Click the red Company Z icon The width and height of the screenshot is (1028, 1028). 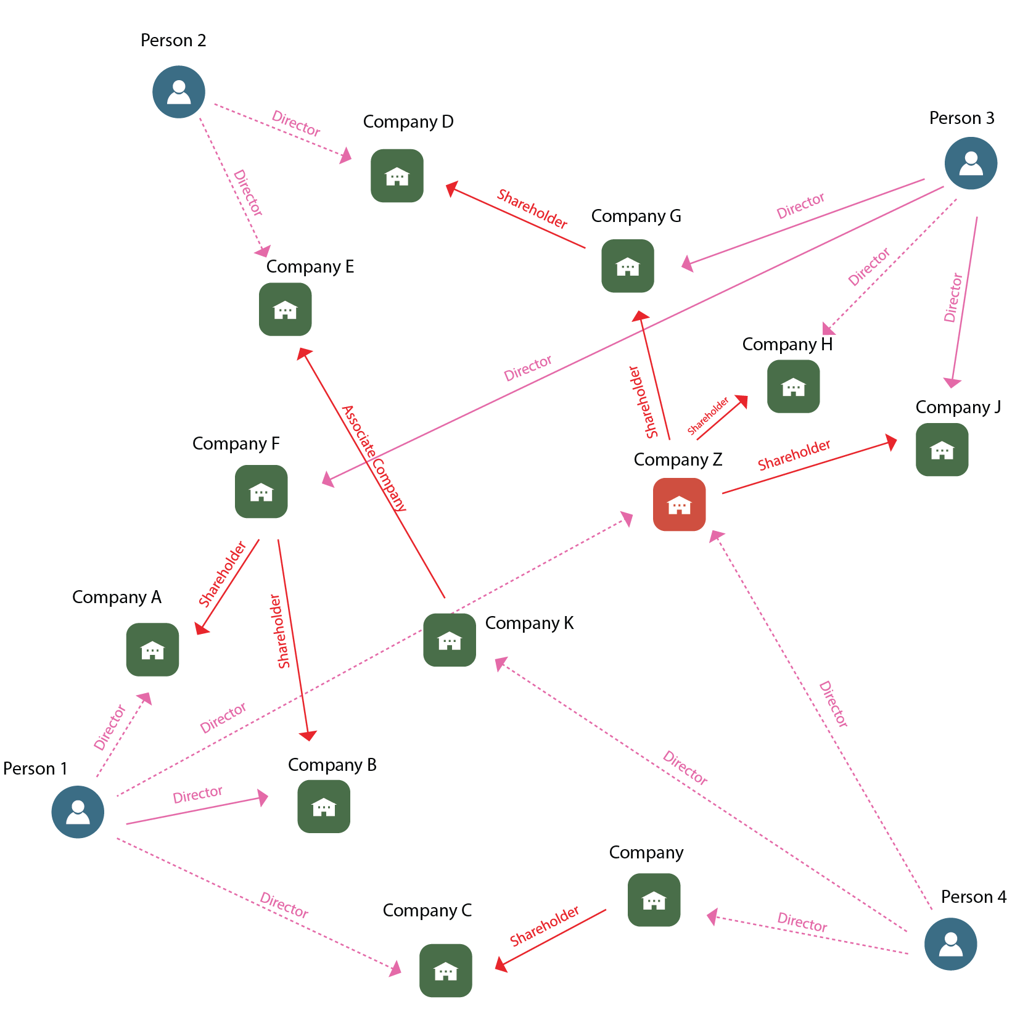point(679,504)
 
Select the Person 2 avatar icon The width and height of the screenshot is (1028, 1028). point(179,92)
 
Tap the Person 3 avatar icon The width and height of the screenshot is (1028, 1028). point(971,163)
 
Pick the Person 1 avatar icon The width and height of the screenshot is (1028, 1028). point(78,812)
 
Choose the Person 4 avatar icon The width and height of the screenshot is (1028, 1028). point(950,944)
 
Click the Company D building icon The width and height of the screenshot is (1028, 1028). point(397,176)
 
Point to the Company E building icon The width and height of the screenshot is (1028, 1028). point(285,309)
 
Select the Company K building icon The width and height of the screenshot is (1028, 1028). point(450,639)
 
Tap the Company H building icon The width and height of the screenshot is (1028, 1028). point(793,386)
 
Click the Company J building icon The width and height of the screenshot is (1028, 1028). point(942,450)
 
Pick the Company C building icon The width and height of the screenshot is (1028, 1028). point(445,970)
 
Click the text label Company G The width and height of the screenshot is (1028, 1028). point(636,216)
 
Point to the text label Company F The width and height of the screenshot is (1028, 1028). point(236,444)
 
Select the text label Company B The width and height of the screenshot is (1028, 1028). point(332,765)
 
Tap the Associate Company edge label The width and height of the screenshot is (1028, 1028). point(374,458)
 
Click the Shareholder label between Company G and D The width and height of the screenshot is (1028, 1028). point(532,209)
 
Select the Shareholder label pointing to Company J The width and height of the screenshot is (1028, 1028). point(794,454)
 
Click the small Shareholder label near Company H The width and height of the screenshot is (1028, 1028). point(708,416)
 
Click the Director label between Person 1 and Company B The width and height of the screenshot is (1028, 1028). point(197,794)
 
